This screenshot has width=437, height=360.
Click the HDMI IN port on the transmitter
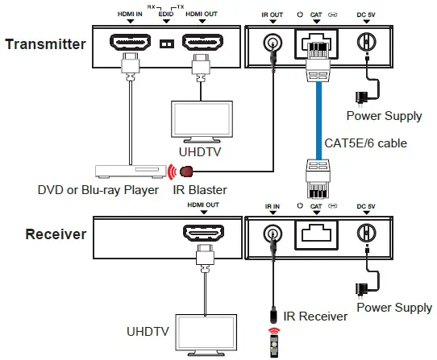point(131,42)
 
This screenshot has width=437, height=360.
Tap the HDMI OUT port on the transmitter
point(202,42)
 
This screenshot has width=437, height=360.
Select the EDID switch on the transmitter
point(166,43)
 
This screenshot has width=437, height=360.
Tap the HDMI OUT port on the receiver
point(202,234)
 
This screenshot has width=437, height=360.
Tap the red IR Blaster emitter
point(188,171)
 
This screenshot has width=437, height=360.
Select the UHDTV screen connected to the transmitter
point(202,118)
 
